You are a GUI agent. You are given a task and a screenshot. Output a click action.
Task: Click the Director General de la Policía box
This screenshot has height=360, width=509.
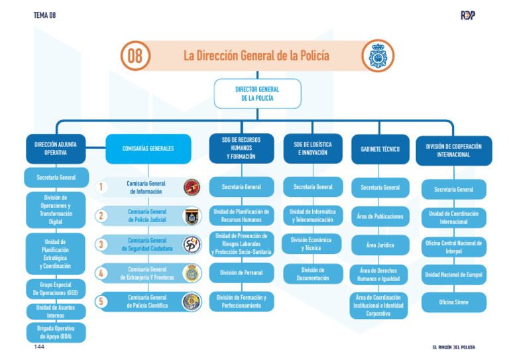coord(257,93)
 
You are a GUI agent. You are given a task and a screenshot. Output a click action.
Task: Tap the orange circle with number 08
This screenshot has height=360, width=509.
coord(135,56)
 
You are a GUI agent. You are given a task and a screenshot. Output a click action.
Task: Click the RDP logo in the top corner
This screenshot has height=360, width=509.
coord(468,15)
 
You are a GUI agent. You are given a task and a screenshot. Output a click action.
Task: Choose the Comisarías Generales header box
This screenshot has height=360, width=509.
coord(148,149)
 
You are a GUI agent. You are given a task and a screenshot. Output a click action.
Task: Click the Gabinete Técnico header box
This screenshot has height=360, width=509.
coord(380,149)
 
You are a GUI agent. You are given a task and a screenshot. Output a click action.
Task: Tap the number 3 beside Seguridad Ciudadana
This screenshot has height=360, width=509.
coord(99,245)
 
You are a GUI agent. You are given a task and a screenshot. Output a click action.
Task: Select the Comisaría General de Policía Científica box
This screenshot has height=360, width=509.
coord(147,302)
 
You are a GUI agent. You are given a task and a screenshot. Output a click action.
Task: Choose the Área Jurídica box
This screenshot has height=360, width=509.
coord(380,245)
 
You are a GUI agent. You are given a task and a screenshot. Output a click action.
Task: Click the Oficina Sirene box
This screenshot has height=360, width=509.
coord(453,302)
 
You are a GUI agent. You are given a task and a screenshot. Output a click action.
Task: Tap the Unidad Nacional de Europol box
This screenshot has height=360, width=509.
coord(453,274)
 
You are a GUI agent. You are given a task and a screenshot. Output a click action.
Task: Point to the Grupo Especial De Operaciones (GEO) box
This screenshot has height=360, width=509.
coord(56,289)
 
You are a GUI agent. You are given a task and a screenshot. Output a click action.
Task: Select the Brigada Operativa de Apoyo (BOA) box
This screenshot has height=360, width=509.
coord(56,332)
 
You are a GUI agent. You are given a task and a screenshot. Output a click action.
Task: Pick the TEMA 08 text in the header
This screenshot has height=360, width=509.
coord(44,15)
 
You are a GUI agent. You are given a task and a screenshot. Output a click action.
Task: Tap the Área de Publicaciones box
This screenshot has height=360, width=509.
coord(380,216)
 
